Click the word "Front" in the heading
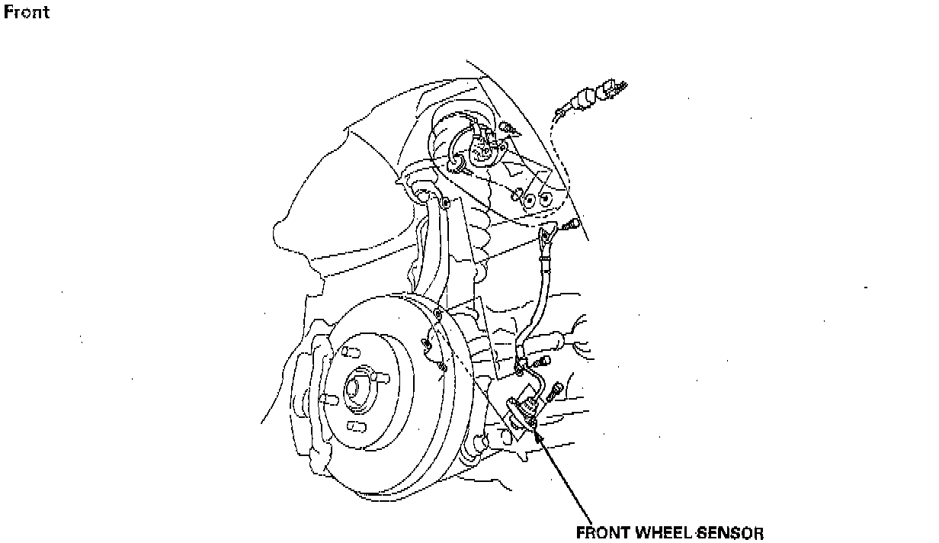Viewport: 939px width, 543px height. click(27, 12)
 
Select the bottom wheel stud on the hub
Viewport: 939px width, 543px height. click(352, 425)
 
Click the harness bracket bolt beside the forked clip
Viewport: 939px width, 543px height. click(572, 224)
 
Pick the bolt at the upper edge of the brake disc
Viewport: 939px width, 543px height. click(438, 314)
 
